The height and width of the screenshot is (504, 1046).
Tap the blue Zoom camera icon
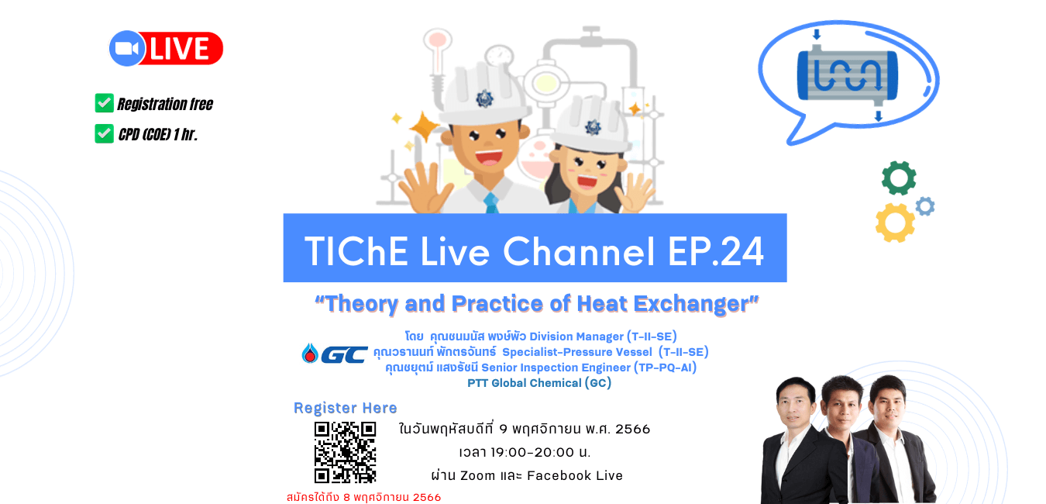(x=126, y=48)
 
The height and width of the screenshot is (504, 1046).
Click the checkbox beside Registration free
(x=104, y=103)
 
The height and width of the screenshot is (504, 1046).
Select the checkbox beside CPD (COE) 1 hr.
(x=104, y=134)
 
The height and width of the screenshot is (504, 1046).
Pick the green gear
(x=899, y=178)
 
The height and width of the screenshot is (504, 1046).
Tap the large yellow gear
(x=895, y=223)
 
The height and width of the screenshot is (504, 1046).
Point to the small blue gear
(x=925, y=206)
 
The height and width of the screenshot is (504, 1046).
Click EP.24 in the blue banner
(x=716, y=251)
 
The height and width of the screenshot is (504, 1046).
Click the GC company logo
(x=335, y=354)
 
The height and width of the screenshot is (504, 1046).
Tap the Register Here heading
(x=345, y=408)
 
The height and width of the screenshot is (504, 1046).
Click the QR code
(x=345, y=452)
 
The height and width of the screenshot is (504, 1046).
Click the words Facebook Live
(x=575, y=475)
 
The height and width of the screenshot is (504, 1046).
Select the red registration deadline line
(x=363, y=497)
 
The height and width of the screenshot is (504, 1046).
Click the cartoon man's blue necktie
(x=490, y=203)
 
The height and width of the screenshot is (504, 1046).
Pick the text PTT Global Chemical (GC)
(x=539, y=384)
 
